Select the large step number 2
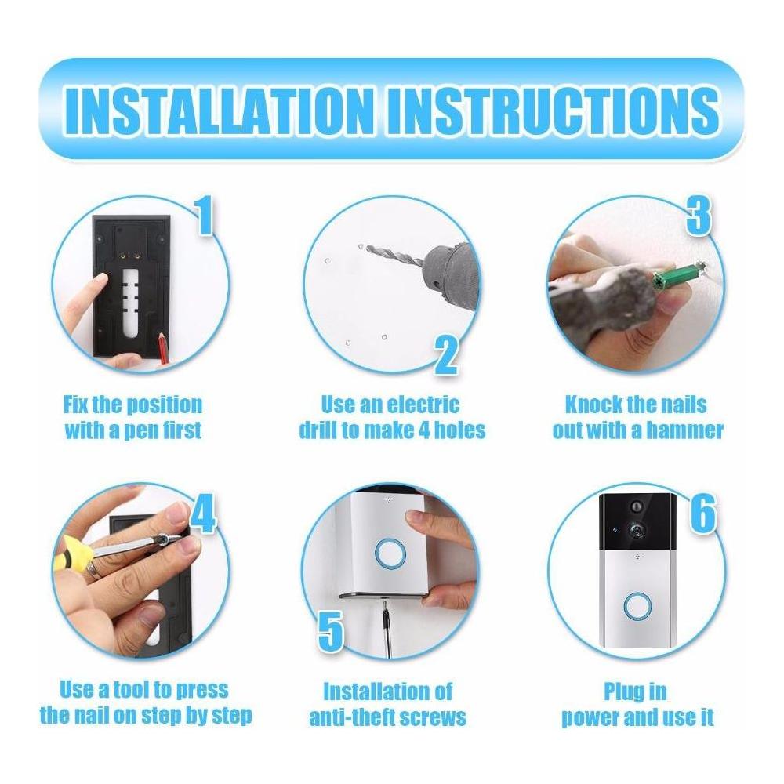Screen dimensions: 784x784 pyautogui.click(x=445, y=356)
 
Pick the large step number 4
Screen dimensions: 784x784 pyautogui.click(x=202, y=514)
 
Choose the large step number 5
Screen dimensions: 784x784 pyautogui.click(x=331, y=631)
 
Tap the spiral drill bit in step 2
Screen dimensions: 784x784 pyautogui.click(x=395, y=254)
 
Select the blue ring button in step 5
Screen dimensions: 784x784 pyautogui.click(x=389, y=554)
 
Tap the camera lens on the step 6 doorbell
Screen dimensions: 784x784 pyautogui.click(x=637, y=532)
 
